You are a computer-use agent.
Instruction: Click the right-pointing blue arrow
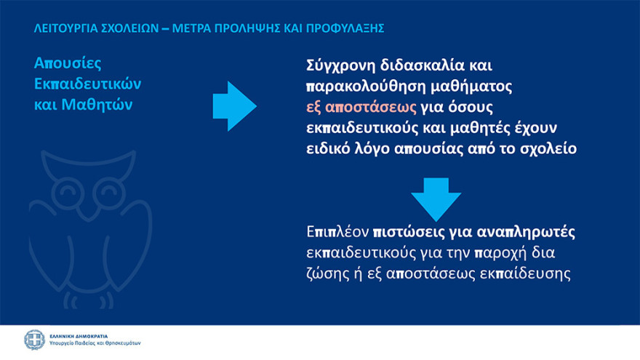coord(234,106)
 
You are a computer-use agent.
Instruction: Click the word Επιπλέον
coord(337,233)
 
